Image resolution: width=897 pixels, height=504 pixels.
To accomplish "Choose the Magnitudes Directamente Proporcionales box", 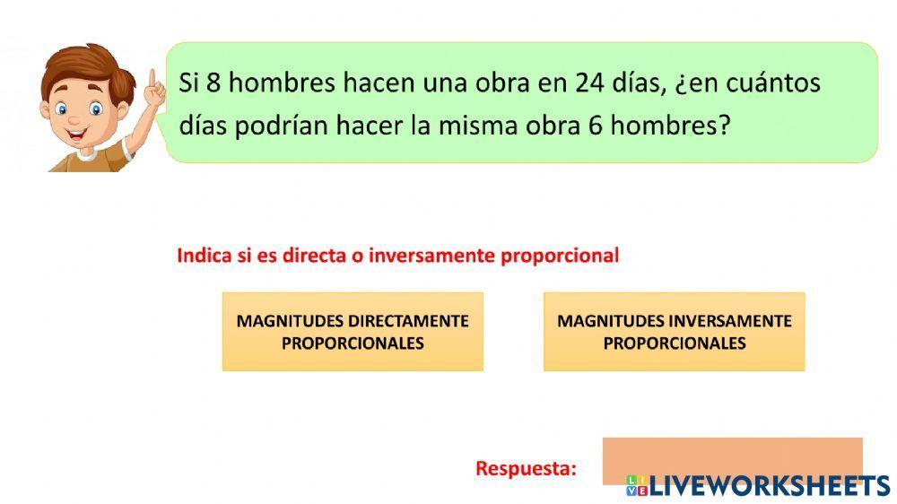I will pos(353,332).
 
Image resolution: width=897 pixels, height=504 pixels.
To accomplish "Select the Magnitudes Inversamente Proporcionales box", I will pos(674,332).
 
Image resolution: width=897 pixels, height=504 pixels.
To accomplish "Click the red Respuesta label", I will pos(526,468).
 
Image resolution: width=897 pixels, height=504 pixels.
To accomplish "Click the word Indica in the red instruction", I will pos(205,256).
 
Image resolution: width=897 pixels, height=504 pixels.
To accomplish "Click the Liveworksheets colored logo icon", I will pos(637,486).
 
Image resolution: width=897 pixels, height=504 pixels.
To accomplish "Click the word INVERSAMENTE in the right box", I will pos(729,321).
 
